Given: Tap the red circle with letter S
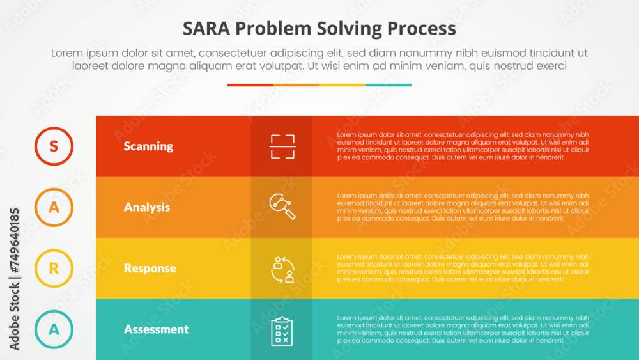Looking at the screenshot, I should pyautogui.click(x=54, y=146).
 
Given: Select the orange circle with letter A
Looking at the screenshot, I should pyautogui.click(x=54, y=207).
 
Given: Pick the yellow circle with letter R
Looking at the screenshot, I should pyautogui.click(x=54, y=269).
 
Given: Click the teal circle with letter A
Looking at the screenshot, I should pyautogui.click(x=54, y=329).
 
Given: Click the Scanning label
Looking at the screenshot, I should pyautogui.click(x=148, y=146).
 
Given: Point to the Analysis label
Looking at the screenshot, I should pyautogui.click(x=147, y=207).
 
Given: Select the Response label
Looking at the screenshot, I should pyautogui.click(x=150, y=269).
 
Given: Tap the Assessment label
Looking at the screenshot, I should pyautogui.click(x=156, y=329).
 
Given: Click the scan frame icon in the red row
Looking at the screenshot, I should pyautogui.click(x=282, y=146).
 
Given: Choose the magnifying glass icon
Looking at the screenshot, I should pyautogui.click(x=282, y=207).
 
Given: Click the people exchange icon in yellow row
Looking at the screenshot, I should pyautogui.click(x=282, y=269).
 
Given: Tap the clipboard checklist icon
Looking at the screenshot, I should pyautogui.click(x=282, y=331).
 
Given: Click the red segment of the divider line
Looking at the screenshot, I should pyautogui.click(x=250, y=85).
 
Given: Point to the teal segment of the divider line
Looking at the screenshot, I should pyautogui.click(x=389, y=85).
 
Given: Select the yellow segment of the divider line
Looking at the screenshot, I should pyautogui.click(x=343, y=85).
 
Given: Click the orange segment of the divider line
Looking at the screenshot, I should pyautogui.click(x=296, y=85).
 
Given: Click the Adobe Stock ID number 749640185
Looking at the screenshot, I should pyautogui.click(x=14, y=243).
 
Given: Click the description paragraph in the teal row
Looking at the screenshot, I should pyautogui.click(x=463, y=329).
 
